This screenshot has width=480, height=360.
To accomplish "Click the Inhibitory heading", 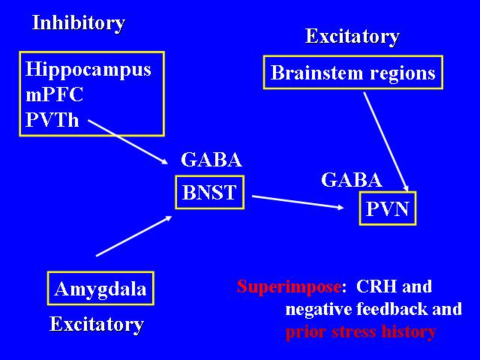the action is pyautogui.click(x=79, y=23).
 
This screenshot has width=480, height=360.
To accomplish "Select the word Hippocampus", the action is pyautogui.click(x=88, y=69).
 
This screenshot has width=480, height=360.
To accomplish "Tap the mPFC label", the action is pyautogui.click(x=55, y=94).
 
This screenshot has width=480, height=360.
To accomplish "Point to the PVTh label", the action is pyautogui.click(x=52, y=119).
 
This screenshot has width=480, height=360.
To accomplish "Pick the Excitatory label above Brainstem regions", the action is pyautogui.click(x=352, y=37).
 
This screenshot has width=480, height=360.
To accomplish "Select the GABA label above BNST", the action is pyautogui.click(x=211, y=160).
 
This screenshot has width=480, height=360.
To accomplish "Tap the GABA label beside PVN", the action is pyautogui.click(x=352, y=180).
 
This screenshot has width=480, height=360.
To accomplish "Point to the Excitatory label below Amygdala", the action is pyautogui.click(x=97, y=324).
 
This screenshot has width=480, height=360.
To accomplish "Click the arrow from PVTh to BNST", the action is pyautogui.click(x=128, y=142).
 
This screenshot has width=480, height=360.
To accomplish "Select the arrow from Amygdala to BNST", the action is pyautogui.click(x=134, y=236).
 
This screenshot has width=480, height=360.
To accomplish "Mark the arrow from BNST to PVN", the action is pyautogui.click(x=298, y=202).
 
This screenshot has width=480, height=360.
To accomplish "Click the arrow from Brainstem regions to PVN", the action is pyautogui.click(x=386, y=142).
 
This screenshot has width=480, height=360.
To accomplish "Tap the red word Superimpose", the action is pyautogui.click(x=289, y=286).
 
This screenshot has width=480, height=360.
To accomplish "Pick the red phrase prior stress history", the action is pyautogui.click(x=361, y=331).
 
